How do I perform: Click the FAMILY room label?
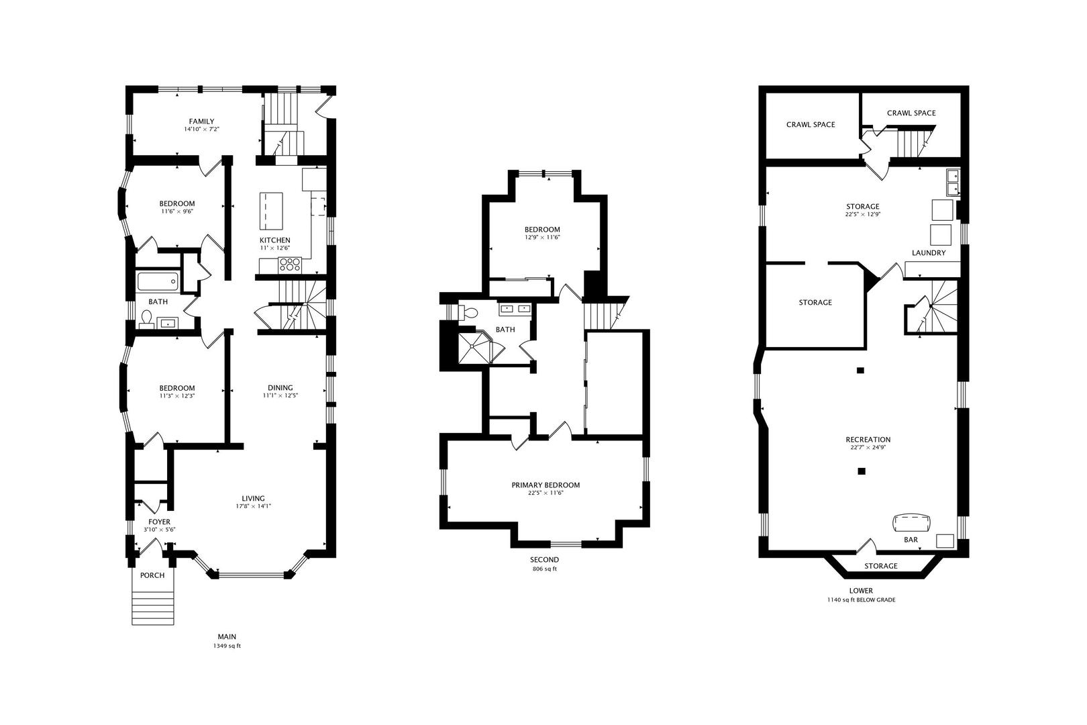point(201,122)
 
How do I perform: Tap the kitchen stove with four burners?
point(290,264)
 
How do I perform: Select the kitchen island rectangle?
point(271,211)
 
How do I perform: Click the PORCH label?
point(152,575)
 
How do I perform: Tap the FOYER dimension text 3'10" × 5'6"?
point(159,530)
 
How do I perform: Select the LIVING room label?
point(254,498)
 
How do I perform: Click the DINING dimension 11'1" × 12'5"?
point(280,395)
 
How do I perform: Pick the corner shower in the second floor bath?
point(472,346)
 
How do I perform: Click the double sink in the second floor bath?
point(515,308)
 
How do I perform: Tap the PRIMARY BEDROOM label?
point(546,485)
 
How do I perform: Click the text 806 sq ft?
point(544,569)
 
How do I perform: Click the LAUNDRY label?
point(929,253)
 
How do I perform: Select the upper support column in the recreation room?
point(860,371)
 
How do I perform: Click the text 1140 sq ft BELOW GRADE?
point(862,599)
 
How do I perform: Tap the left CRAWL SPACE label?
point(811,125)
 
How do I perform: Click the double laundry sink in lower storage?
point(953,182)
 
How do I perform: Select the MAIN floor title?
point(227,636)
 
